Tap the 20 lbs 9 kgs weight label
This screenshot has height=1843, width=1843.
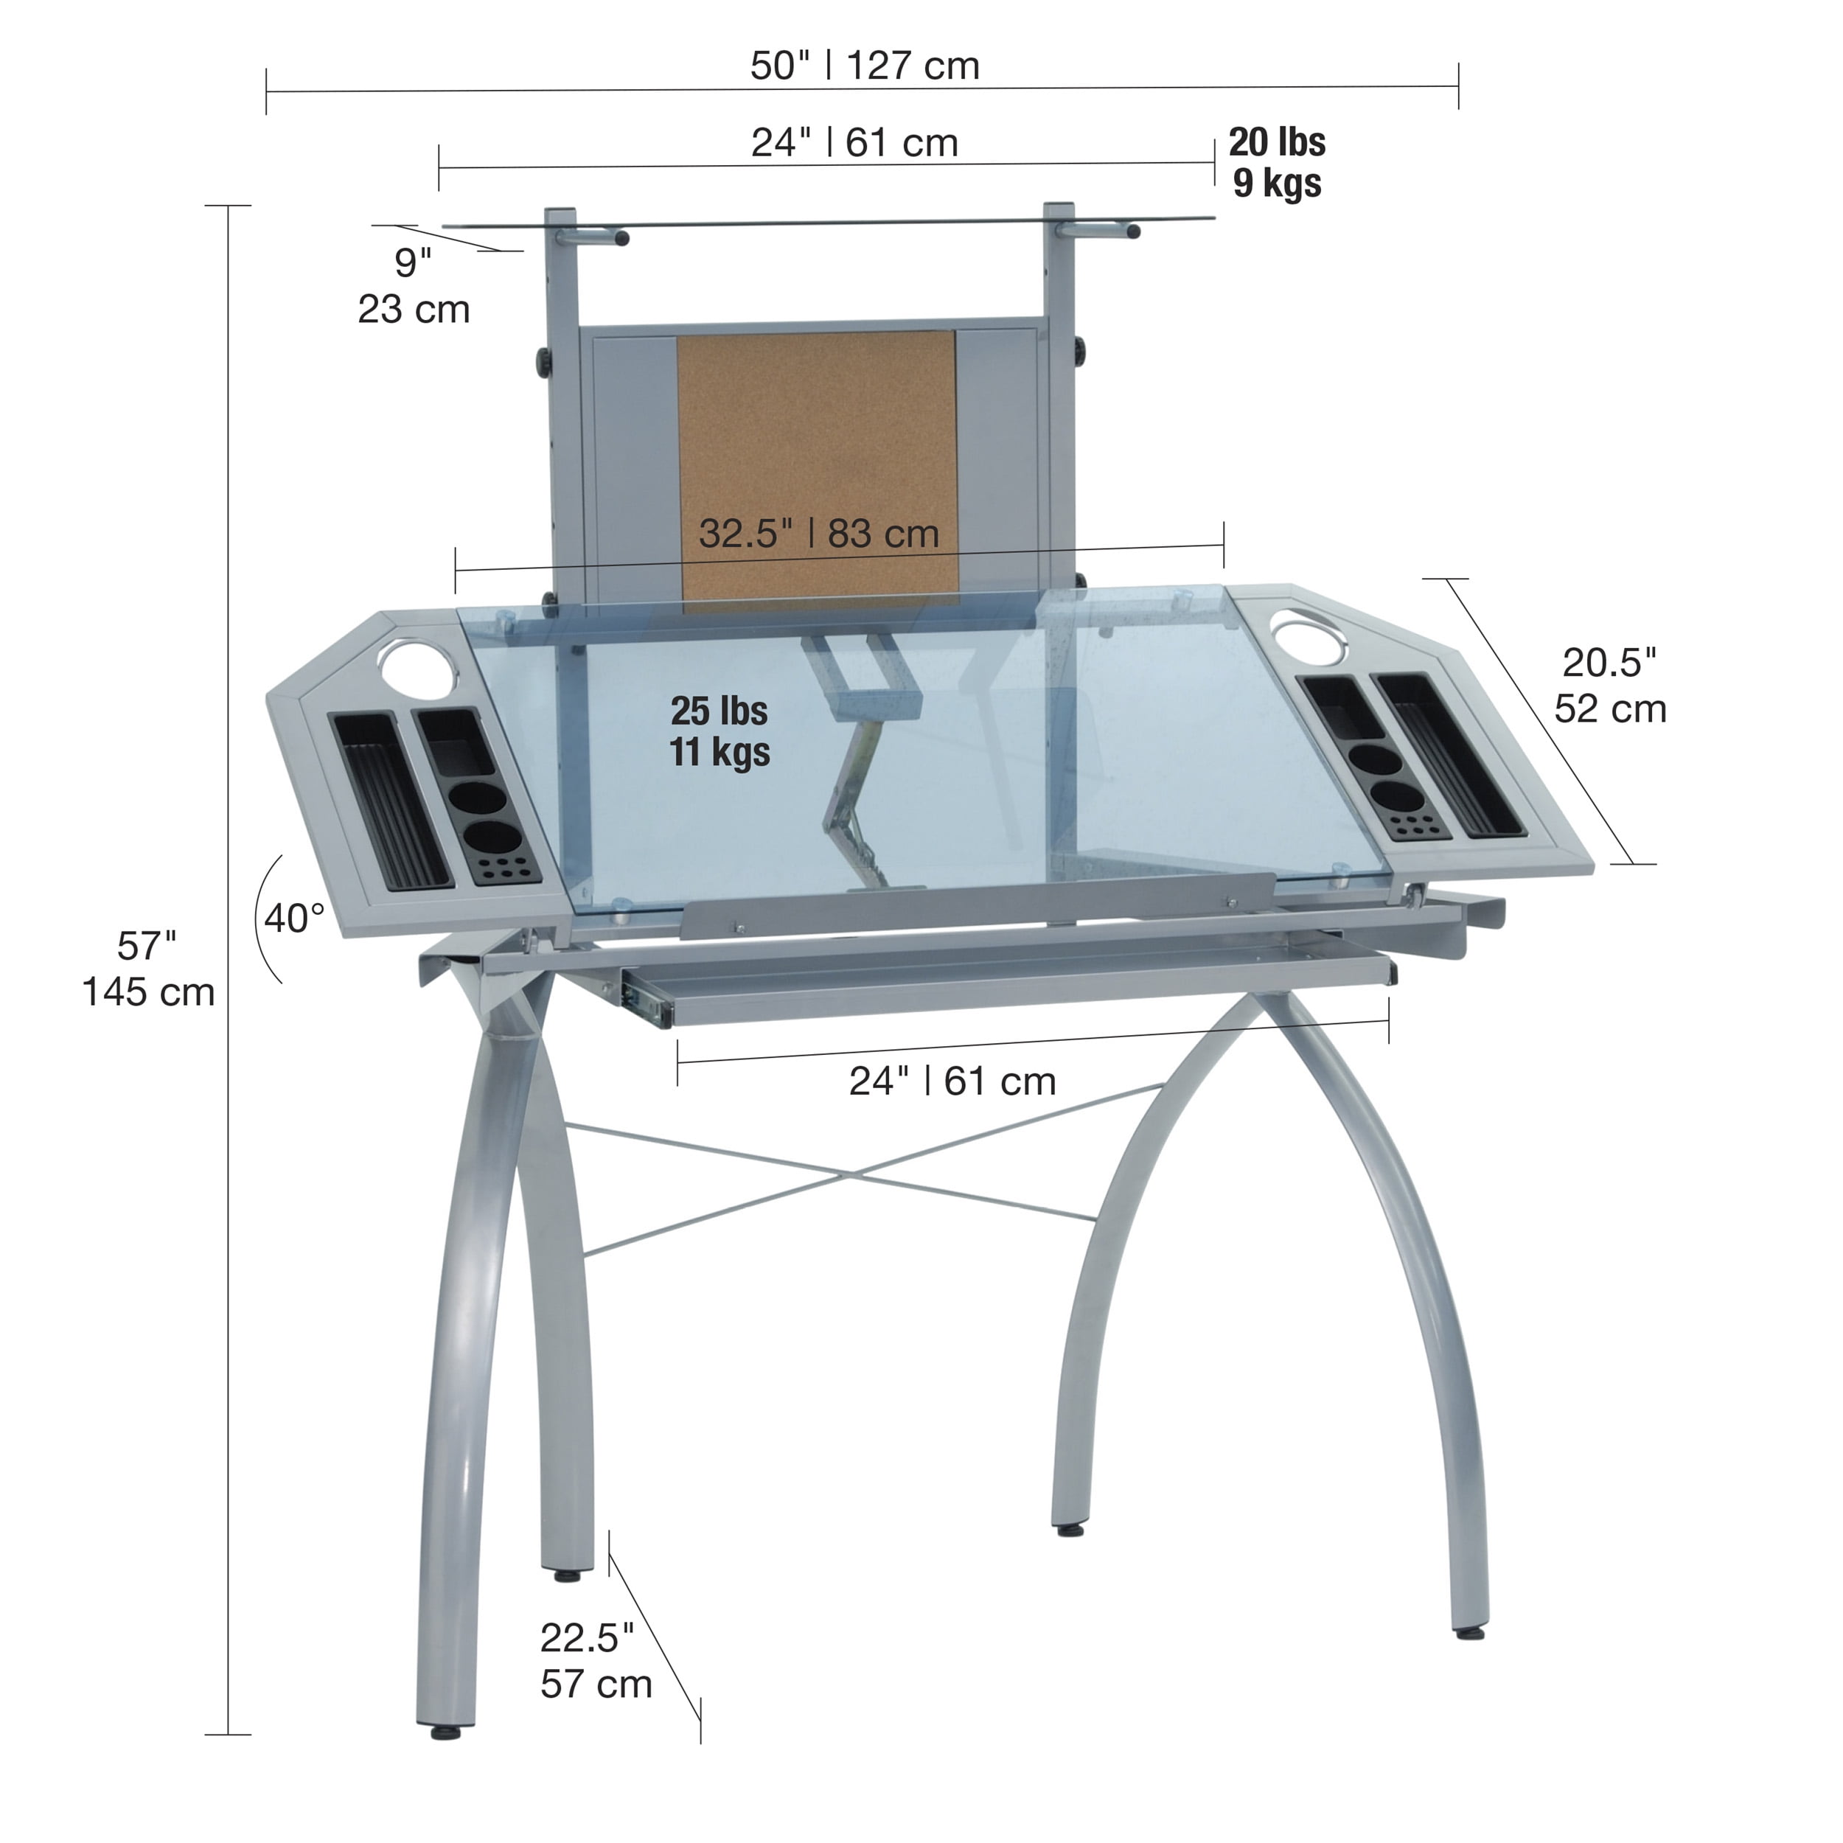[x=1276, y=162]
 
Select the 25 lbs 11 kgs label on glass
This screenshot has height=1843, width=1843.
[x=720, y=731]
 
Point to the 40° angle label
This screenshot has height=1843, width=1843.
[x=294, y=919]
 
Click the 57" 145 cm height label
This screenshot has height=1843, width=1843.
[x=148, y=969]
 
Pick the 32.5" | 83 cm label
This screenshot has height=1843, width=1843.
[x=820, y=533]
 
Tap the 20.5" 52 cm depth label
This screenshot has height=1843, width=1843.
[x=1610, y=686]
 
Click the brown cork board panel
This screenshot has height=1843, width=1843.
[x=817, y=467]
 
